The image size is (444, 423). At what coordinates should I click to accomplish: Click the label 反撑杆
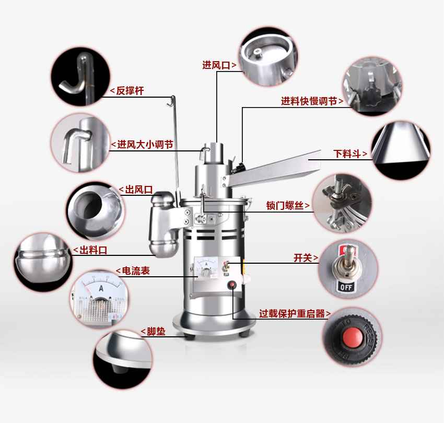click(130, 91)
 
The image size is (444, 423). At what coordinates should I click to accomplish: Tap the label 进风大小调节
click(145, 145)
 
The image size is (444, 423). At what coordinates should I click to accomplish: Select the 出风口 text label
click(139, 190)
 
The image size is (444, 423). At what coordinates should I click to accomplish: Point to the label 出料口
click(93, 250)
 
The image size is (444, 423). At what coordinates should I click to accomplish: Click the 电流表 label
click(136, 271)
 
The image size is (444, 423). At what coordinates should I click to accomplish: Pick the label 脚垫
click(156, 331)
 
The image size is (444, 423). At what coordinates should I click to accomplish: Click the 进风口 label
click(216, 65)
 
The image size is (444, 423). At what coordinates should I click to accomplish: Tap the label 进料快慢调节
click(309, 101)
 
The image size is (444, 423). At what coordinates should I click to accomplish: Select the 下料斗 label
click(347, 154)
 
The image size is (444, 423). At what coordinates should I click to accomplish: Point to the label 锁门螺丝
click(285, 206)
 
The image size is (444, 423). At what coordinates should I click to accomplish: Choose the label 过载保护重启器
click(292, 314)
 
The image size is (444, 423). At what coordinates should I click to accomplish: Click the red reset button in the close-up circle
click(353, 337)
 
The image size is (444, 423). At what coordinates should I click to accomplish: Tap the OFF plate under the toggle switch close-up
click(346, 287)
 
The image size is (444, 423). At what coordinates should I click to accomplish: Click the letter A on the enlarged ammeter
click(101, 288)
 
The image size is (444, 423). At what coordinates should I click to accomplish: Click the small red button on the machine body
click(232, 285)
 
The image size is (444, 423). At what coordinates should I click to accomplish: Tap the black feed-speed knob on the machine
click(240, 168)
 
